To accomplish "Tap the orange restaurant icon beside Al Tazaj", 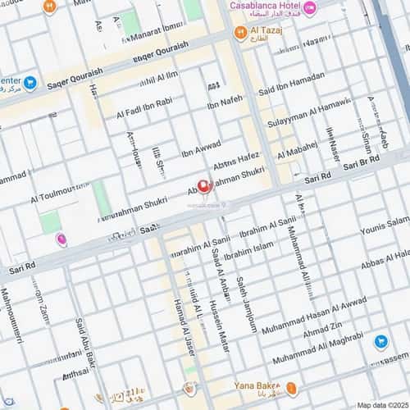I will tap(240, 33).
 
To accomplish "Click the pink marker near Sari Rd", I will tap(61, 239).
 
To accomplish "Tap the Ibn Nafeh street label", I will tap(225, 102).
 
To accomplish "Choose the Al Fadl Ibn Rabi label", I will tap(143, 107).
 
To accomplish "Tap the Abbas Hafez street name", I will tap(236, 161).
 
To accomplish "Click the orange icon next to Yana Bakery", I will tap(292, 389).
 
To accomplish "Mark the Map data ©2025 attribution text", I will tap(382, 405).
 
